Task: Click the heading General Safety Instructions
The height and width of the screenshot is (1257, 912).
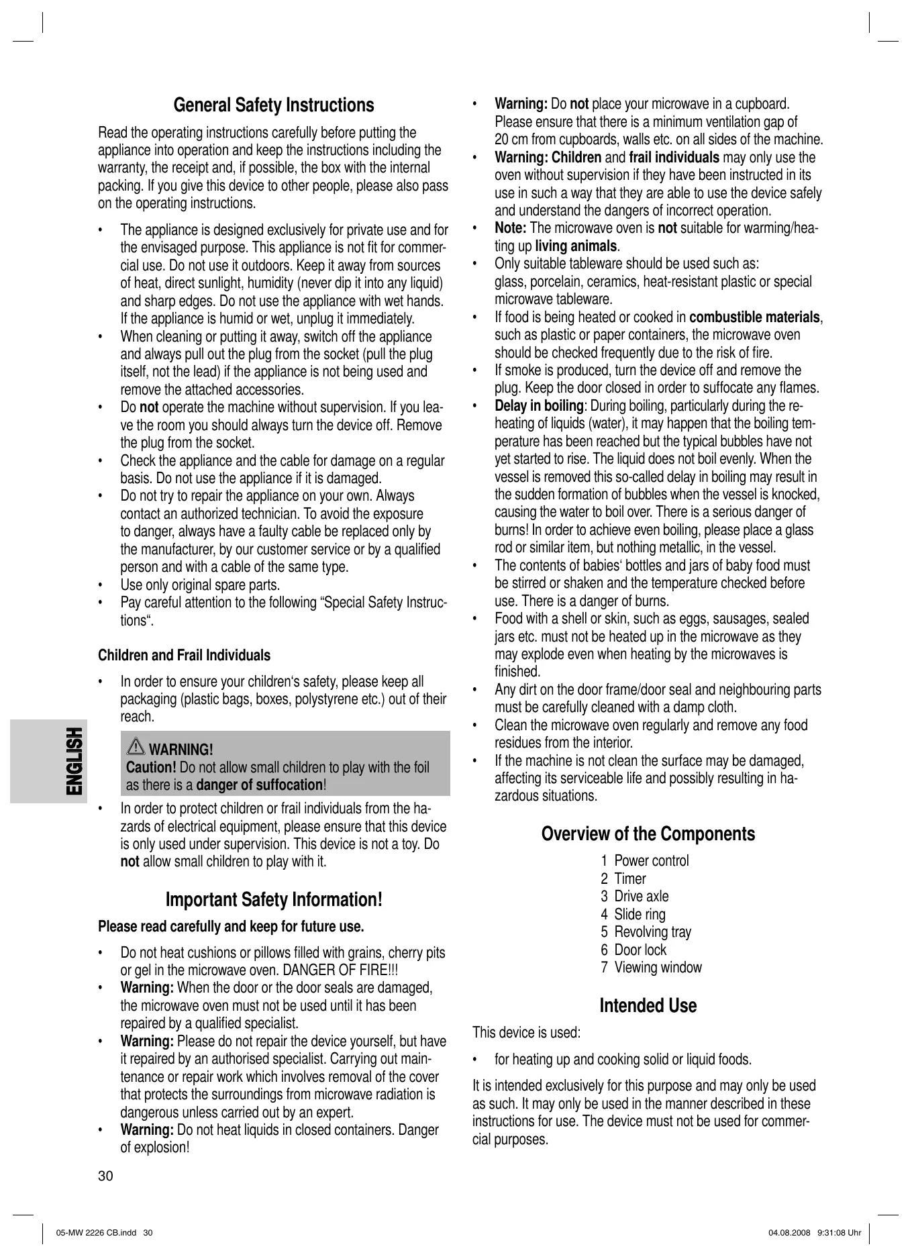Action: point(274,105)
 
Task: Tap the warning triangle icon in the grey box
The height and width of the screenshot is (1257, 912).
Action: point(136,747)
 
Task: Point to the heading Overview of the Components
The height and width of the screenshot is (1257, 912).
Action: point(648,834)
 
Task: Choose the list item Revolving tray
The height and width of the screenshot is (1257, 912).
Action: point(646,932)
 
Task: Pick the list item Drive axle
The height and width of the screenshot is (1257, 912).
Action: point(635,896)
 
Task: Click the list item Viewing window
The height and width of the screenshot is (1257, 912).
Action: point(651,967)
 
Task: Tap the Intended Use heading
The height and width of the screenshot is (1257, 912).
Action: point(648,1005)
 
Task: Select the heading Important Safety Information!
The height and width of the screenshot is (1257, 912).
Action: point(274,900)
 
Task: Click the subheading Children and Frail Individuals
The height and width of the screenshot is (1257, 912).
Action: point(184,655)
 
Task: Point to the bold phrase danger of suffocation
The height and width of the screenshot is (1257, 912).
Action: point(259,785)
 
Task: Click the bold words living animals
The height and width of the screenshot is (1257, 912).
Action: point(576,246)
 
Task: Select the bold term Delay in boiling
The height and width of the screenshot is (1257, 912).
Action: point(539,405)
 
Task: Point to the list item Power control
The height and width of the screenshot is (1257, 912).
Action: point(645,860)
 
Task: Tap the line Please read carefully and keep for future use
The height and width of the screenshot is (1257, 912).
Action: point(231,927)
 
